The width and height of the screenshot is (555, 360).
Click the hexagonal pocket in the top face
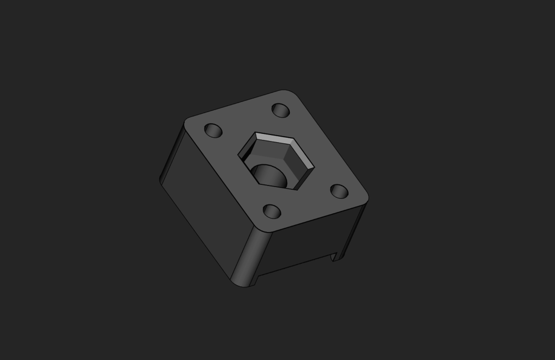[x=276, y=160]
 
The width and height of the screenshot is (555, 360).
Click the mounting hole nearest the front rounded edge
[x=272, y=211]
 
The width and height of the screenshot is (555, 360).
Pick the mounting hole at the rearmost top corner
[x=280, y=110]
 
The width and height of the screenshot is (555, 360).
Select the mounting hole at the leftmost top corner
[x=213, y=130]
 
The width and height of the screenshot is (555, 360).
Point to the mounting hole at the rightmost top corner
[x=339, y=191]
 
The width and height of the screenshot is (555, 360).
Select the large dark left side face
[x=206, y=201]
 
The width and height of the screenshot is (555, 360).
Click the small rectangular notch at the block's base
[x=335, y=255]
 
